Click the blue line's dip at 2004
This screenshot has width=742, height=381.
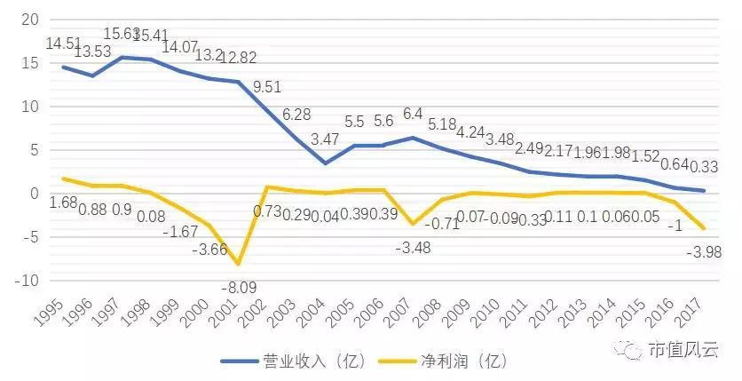point(325,163)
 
